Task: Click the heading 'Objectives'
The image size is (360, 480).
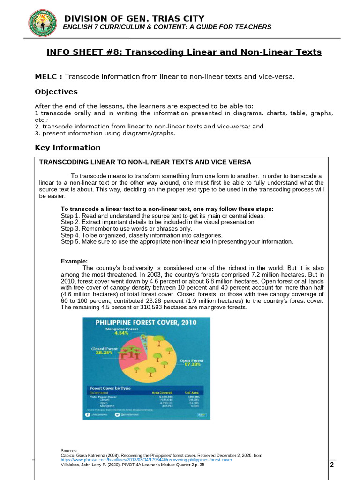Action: (x=56, y=92)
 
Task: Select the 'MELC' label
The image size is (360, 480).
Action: (x=48, y=77)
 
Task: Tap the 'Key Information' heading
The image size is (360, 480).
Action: (x=67, y=148)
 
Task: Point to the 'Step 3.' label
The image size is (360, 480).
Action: (x=70, y=229)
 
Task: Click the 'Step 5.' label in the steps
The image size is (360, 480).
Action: (x=70, y=242)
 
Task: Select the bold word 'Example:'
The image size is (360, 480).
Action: (x=74, y=261)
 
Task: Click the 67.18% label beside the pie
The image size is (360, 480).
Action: (x=192, y=364)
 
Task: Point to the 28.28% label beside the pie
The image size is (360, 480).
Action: (x=104, y=353)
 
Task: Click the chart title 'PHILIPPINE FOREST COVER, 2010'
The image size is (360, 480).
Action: (x=146, y=322)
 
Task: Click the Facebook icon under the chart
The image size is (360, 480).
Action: (x=88, y=414)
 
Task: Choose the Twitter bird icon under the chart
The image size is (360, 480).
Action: (x=117, y=414)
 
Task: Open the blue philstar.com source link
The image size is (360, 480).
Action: (x=146, y=460)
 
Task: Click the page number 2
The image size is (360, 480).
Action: (x=332, y=465)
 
